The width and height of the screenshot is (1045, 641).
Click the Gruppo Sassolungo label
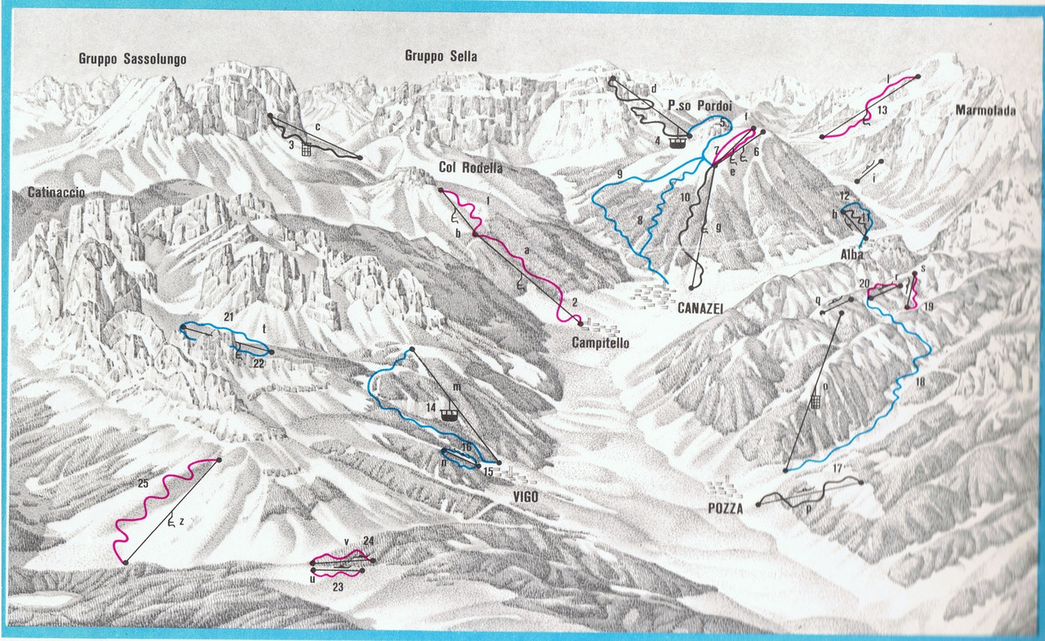pos(132,59)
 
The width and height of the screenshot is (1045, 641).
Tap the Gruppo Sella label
pos(441,56)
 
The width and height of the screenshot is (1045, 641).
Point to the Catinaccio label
pos(56,193)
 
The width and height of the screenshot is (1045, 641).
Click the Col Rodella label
pos(469,167)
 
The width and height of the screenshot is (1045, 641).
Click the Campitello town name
pos(600,344)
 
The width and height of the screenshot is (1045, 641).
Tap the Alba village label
pos(851,255)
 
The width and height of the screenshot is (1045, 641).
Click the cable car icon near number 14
pos(447,412)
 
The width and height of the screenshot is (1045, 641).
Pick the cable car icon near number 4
pos(676,140)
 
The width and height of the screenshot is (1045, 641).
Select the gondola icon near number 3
pos(307,149)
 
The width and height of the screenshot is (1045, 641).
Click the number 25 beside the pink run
pos(143,484)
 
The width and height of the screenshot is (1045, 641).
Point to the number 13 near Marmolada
pos(881,109)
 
